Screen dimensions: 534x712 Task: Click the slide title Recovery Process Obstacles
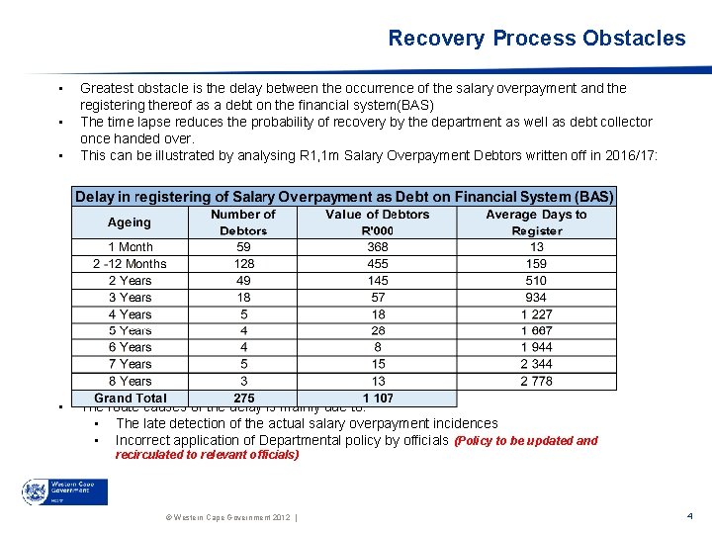536,39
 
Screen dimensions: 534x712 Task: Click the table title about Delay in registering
345,197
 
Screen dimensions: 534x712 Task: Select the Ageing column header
130,222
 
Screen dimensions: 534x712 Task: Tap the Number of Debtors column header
243,222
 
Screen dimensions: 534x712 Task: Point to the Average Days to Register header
536,222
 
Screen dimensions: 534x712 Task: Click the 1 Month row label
131,247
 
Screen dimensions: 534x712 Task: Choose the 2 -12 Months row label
130,264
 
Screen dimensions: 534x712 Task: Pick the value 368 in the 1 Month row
378,247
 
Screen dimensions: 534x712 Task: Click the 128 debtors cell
243,264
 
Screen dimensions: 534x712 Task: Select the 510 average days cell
536,281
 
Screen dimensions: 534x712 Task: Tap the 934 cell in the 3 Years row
536,298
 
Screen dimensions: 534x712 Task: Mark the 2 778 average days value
536,381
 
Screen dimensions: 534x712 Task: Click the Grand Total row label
131,399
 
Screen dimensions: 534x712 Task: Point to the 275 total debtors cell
243,399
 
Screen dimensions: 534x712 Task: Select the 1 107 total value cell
378,399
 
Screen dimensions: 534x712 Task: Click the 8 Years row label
131,381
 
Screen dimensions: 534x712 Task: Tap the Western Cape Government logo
64,491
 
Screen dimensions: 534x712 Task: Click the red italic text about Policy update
356,448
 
